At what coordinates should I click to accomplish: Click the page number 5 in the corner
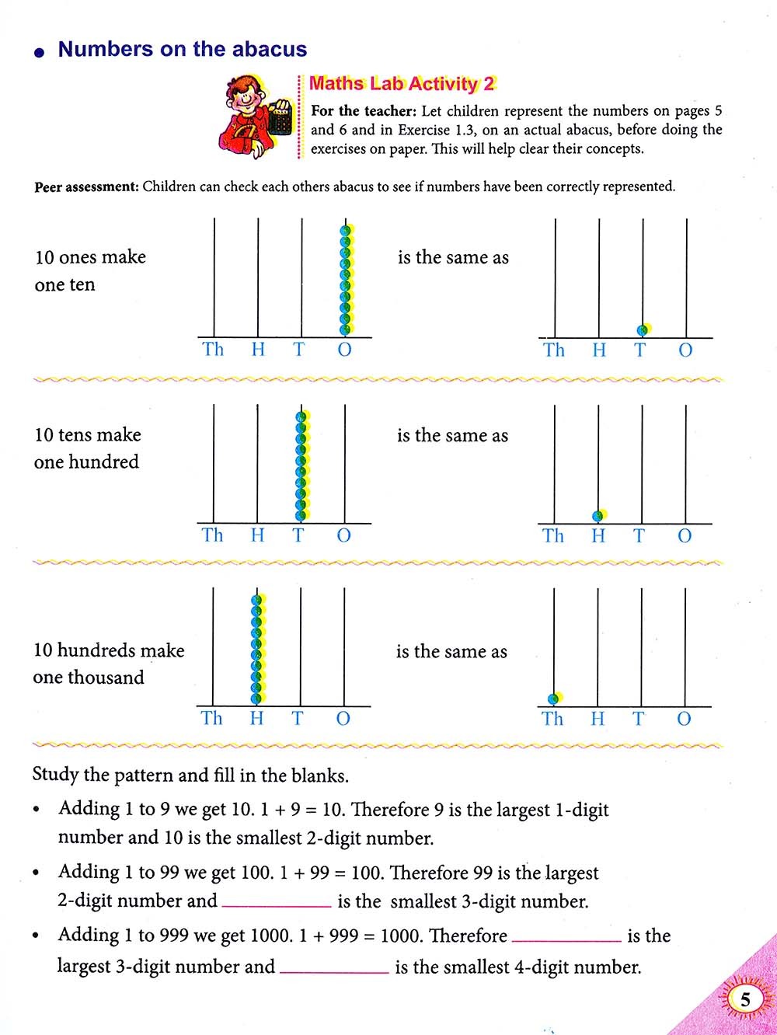[x=745, y=999]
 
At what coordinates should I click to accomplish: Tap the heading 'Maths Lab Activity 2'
[x=402, y=84]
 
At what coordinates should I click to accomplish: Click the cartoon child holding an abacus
[x=256, y=116]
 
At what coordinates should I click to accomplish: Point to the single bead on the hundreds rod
[x=598, y=515]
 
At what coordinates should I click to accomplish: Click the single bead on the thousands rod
[x=554, y=699]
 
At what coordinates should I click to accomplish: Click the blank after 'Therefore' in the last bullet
[x=566, y=936]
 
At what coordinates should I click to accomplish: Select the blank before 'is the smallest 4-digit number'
[x=334, y=967]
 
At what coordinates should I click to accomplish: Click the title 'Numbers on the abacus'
[x=183, y=50]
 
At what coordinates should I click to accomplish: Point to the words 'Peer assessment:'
[x=86, y=187]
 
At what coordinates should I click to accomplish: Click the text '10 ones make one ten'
[x=89, y=270]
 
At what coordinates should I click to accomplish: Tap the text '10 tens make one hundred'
[x=87, y=448]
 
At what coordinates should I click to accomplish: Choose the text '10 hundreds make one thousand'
[x=108, y=664]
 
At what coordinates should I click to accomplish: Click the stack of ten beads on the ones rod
[x=346, y=280]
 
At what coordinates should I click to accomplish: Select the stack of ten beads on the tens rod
[x=301, y=466]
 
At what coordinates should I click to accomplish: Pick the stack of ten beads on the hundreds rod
[x=257, y=650]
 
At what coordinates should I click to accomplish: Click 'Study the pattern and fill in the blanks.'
[x=190, y=775]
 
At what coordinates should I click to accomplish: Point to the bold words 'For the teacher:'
[x=364, y=111]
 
